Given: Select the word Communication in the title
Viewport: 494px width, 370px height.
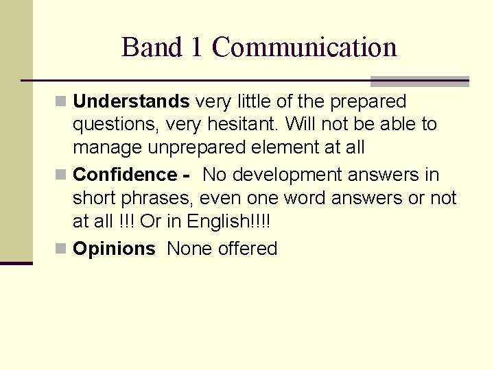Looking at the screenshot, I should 305,47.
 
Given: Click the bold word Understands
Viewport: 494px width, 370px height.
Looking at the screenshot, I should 131,101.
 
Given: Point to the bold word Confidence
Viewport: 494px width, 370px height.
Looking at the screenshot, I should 126,175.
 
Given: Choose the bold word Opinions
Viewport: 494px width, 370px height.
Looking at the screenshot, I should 114,249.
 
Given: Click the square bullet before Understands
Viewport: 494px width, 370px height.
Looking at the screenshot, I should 62,102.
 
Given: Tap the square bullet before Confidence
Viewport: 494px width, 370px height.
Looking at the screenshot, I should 62,175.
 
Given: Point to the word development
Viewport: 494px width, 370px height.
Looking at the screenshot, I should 288,175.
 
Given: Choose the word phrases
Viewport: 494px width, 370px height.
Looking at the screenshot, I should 157,198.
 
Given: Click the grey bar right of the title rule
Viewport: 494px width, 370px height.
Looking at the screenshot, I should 419,82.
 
